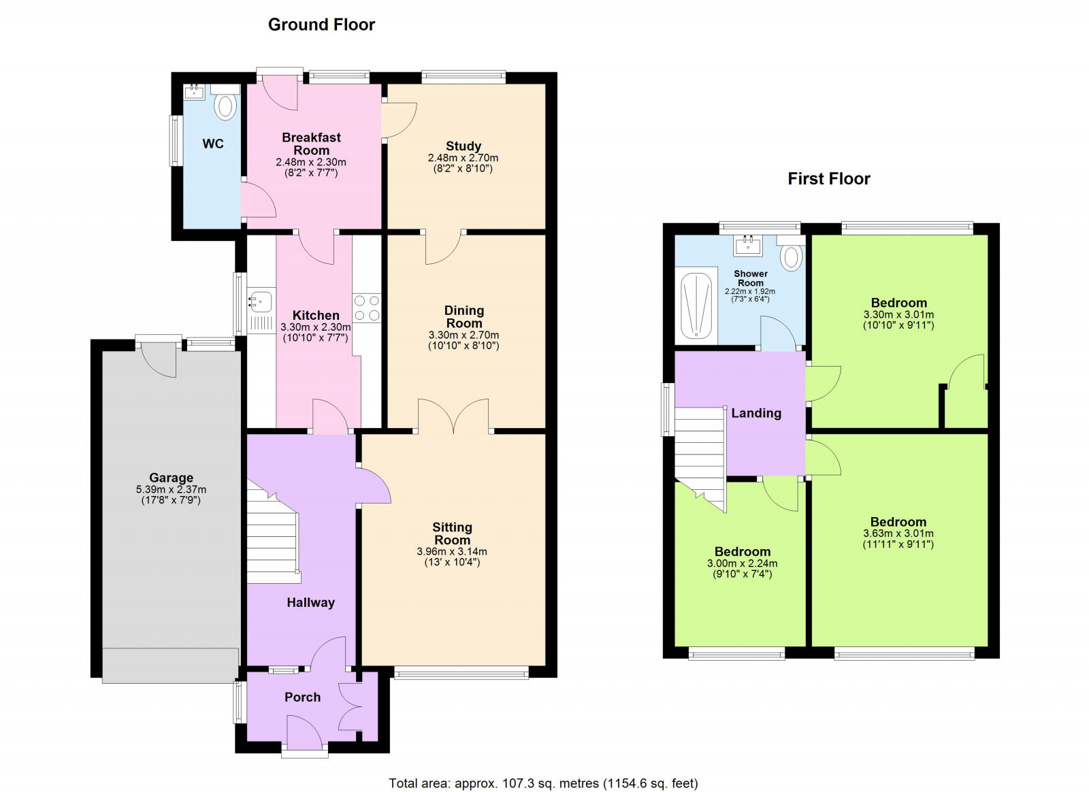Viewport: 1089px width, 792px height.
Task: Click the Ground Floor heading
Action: point(321,24)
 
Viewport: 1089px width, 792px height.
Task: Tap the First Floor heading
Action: point(829,179)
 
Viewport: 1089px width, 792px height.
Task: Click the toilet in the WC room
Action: point(225,103)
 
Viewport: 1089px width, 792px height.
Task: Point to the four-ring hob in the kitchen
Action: point(367,308)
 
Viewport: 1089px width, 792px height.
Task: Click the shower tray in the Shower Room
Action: point(696,305)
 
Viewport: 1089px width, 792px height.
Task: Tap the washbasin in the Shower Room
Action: point(748,246)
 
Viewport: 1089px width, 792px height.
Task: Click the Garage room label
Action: point(171,478)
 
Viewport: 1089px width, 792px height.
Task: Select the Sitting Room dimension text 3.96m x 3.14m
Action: point(452,552)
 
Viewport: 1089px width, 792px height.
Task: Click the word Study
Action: point(464,146)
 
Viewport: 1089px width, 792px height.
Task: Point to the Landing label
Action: point(756,413)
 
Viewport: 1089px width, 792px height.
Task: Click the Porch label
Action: point(302,697)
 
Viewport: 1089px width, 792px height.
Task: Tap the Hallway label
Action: point(310,602)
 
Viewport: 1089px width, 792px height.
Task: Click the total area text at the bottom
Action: point(543,782)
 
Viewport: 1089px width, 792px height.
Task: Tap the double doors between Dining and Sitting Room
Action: point(453,416)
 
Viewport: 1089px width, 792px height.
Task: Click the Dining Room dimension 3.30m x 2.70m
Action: point(464,335)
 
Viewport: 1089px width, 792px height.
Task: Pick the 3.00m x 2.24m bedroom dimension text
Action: point(743,563)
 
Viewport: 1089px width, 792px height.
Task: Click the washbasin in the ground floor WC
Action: point(195,91)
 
